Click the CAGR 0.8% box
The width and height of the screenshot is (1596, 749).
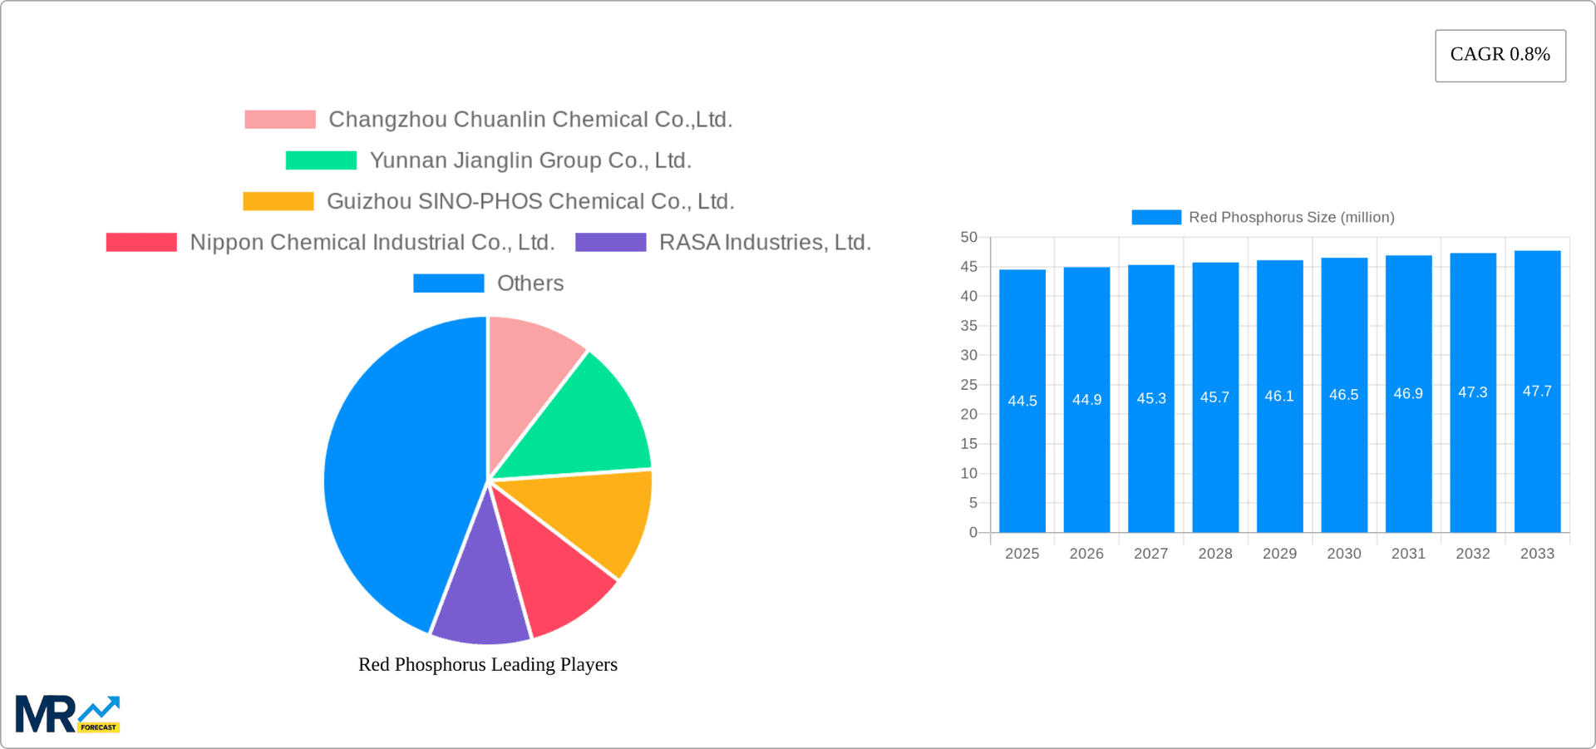[x=1500, y=55]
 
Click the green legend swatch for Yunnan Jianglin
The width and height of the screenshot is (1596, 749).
[x=321, y=160]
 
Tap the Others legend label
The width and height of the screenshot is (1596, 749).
[x=530, y=283]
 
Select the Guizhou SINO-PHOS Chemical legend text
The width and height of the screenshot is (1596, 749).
[x=530, y=201]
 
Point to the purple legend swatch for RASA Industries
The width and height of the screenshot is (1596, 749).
[x=610, y=242]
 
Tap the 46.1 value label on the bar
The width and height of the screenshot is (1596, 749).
[x=1279, y=397]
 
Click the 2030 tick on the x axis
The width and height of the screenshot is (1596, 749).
[x=1343, y=554]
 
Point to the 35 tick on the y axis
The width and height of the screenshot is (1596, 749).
[x=968, y=326]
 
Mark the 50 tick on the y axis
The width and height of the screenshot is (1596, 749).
[x=968, y=237]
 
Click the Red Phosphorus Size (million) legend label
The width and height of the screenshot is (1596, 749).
[x=1291, y=217]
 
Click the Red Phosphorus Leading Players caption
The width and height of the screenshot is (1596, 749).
[x=487, y=664]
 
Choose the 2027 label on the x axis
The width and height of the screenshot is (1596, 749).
[x=1150, y=554]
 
